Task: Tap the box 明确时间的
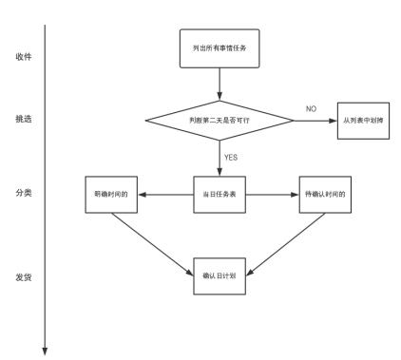coord(112,195)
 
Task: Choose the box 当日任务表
coord(220,195)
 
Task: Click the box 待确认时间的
coord(323,195)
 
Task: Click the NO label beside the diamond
coord(311,108)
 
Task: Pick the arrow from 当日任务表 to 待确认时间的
coord(272,195)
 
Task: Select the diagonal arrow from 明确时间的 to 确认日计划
coord(150,243)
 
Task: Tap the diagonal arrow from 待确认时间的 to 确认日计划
coord(287,243)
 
